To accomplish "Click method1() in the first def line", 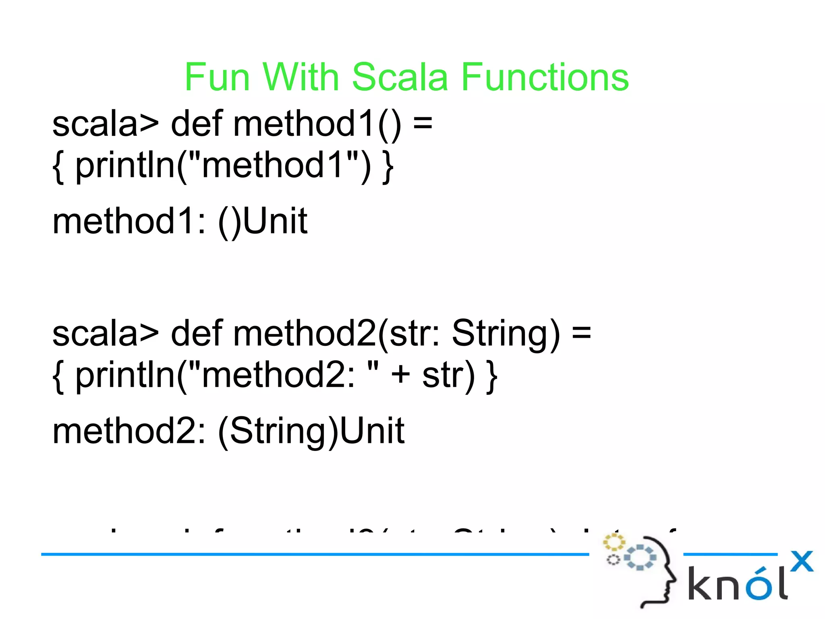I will [x=317, y=124].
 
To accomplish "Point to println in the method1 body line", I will [x=125, y=166].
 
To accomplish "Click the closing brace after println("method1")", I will [x=388, y=166].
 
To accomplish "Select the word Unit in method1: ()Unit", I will [x=275, y=221].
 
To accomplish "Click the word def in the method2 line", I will [x=197, y=333].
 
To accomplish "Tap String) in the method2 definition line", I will [x=506, y=333].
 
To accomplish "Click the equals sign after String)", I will [x=581, y=333].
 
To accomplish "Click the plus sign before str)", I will [x=400, y=375].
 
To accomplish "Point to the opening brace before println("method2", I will [x=58, y=375].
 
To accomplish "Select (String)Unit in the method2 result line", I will [x=311, y=431].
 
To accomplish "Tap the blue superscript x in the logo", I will [x=801, y=561].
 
